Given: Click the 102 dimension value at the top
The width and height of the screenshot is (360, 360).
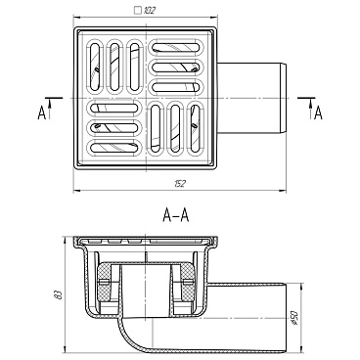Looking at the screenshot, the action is pyautogui.click(x=149, y=11).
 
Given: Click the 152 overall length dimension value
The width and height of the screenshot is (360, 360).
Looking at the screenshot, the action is pyautogui.click(x=179, y=184).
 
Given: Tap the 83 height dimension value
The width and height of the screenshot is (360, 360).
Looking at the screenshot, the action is pyautogui.click(x=59, y=295).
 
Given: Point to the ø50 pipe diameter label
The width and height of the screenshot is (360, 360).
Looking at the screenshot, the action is pyautogui.click(x=294, y=318).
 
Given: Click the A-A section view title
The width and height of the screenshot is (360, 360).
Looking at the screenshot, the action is pyautogui.click(x=176, y=215).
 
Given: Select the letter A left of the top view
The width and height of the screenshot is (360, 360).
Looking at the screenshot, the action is pyautogui.click(x=42, y=113).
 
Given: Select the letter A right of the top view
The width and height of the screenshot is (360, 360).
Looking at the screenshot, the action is pyautogui.click(x=318, y=113).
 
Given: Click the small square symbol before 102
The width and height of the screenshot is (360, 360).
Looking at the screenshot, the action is pyautogui.click(x=138, y=11).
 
